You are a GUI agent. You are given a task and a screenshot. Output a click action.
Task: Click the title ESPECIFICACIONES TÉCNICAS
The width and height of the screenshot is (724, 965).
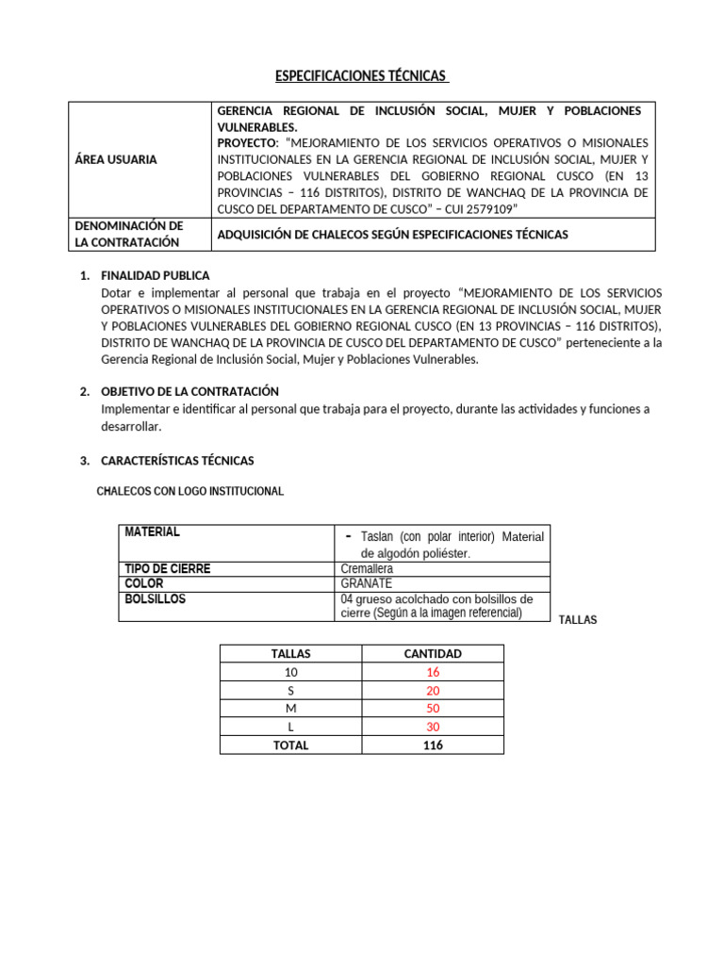tap(361, 75)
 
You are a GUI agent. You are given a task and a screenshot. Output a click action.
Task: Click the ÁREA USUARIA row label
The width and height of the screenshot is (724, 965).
tap(116, 159)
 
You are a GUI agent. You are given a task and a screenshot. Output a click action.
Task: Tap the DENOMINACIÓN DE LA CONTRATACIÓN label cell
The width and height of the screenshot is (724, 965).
tap(128, 234)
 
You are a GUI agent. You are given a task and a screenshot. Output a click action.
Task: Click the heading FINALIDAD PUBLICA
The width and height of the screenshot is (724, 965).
tap(156, 276)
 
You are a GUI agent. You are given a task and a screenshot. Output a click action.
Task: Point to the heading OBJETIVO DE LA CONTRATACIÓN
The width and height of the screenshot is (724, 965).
tap(189, 391)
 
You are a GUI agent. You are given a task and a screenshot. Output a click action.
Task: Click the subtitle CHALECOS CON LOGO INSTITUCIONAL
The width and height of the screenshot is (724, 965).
tap(190, 492)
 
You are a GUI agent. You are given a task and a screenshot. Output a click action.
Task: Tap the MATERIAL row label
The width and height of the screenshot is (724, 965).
tap(153, 532)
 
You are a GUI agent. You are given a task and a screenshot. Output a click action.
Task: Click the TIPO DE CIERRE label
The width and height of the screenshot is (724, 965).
tap(168, 569)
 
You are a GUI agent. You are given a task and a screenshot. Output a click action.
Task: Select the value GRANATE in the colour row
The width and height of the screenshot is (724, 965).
tap(366, 583)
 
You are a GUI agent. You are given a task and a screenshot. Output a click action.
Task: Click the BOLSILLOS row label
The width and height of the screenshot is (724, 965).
tap(156, 599)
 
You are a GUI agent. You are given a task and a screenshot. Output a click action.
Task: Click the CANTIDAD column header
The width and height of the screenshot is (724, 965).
tap(433, 653)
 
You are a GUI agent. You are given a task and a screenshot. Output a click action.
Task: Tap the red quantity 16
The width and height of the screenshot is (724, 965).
tap(433, 672)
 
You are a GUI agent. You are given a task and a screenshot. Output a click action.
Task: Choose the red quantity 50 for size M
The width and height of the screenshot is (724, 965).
tap(433, 709)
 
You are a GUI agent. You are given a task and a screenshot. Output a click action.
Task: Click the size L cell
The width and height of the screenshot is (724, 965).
tap(290, 727)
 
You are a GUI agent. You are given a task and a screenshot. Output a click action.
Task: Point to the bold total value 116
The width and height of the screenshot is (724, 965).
tap(433, 744)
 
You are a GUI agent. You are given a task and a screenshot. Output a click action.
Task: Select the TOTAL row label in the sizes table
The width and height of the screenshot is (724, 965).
tap(290, 744)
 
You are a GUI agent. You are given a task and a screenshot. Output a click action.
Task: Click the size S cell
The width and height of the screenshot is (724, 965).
tap(290, 690)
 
